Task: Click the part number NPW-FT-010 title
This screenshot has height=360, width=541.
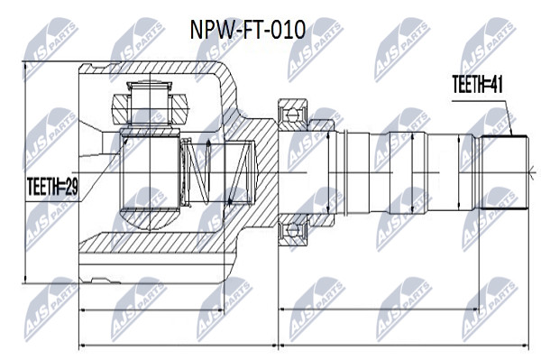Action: [x=248, y=30]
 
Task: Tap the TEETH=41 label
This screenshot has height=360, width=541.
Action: [x=477, y=84]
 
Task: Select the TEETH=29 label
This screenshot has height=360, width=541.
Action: [x=52, y=187]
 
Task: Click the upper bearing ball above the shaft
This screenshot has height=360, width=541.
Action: [x=292, y=114]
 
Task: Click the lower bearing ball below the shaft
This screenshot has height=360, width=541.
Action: [x=292, y=229]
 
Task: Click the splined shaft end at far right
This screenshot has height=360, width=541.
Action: [x=504, y=172]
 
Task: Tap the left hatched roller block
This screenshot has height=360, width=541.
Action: [x=120, y=109]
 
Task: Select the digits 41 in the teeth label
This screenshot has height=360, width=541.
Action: [x=495, y=84]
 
